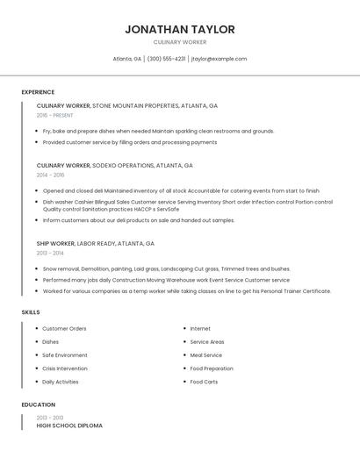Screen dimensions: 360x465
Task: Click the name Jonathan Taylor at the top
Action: tap(179, 29)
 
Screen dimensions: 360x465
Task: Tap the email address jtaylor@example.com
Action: tap(219, 59)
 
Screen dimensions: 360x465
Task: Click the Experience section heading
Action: tap(38, 92)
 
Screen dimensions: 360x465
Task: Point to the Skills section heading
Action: tap(31, 312)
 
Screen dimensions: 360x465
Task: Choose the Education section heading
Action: tap(39, 404)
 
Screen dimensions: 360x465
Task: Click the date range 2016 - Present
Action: tap(54, 115)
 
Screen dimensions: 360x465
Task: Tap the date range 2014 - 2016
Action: tap(50, 175)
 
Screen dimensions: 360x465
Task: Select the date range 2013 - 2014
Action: tap(50, 253)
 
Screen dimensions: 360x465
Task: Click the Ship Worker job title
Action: tap(55, 243)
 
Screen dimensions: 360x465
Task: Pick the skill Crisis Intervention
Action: tap(65, 368)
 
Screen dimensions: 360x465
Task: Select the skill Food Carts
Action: tap(204, 382)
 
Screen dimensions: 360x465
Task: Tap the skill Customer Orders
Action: tap(64, 328)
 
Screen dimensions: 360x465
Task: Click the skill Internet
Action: tap(200, 328)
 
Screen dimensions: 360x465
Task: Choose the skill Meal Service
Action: tap(206, 355)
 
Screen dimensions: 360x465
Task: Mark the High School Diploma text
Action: tap(69, 426)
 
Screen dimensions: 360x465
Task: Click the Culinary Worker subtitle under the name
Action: tap(179, 42)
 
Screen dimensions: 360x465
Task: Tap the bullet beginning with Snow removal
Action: tap(166, 268)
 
